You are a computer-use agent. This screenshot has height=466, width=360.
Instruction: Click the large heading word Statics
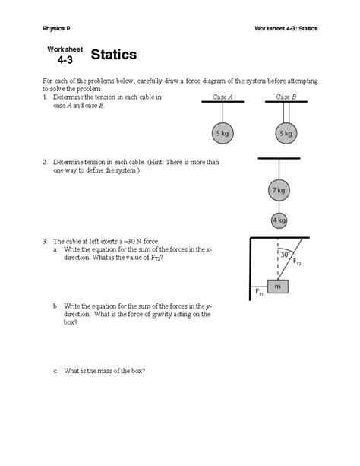coord(114,55)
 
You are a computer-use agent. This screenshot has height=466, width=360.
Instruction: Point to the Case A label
coord(222,97)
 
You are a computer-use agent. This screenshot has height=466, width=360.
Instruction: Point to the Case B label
coord(285,97)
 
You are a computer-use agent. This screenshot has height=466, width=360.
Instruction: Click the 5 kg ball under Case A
coord(221,132)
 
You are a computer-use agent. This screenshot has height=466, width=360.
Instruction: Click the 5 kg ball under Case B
coord(286,132)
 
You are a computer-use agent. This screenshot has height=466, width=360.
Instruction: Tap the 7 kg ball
coord(279,190)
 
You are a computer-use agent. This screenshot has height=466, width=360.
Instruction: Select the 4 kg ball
coord(279,220)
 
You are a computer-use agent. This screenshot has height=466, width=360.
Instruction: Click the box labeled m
coord(278,287)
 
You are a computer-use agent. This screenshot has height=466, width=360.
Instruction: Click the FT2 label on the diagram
coord(297,263)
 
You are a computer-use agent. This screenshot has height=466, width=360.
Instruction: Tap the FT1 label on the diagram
coord(258,290)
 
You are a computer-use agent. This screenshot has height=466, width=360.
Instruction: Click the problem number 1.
coord(45,98)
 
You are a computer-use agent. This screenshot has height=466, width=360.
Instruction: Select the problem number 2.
coord(45,162)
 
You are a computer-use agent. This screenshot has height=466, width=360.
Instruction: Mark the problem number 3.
coord(45,241)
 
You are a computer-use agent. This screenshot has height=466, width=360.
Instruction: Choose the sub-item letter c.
coord(55,371)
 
